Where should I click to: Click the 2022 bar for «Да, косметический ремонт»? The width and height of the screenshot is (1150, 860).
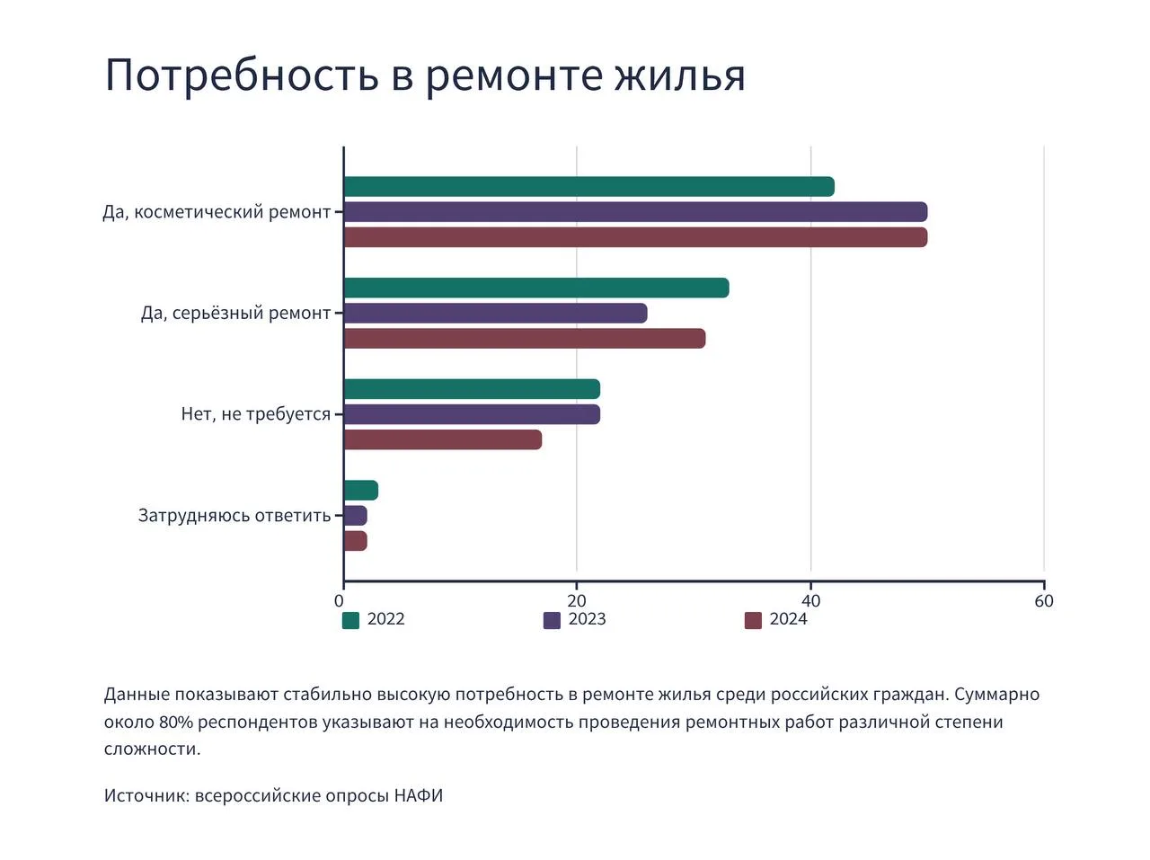pos(588,187)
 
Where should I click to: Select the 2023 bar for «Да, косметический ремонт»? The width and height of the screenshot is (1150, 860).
pos(635,212)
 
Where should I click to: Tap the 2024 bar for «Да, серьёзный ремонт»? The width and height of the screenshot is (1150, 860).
pos(525,339)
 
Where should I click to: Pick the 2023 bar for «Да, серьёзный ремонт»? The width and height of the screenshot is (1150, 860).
pos(495,314)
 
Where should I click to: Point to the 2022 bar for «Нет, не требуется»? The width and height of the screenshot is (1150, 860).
pos(472,389)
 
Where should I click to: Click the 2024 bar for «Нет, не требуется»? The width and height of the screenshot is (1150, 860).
pos(443,439)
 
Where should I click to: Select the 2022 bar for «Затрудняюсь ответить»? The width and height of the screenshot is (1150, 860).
pos(360,491)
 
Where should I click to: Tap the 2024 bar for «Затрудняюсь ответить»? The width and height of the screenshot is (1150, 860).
pos(355,541)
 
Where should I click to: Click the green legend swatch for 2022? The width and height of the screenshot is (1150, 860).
pos(351,620)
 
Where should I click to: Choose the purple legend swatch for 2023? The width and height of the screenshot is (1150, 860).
pos(552,620)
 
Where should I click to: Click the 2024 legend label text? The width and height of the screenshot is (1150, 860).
pos(788,619)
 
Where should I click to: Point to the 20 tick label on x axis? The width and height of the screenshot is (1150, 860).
pos(577,600)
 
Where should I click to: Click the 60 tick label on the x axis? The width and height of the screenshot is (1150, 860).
pos(1044,600)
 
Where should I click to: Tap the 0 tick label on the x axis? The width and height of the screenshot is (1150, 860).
pos(340,600)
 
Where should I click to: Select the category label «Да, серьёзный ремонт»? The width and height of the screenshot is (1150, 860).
pos(235,314)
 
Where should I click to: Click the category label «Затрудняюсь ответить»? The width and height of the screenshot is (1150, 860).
pos(234,516)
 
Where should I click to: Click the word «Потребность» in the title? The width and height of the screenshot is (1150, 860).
pos(242,75)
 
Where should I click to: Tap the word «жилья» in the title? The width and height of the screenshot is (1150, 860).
pos(680,75)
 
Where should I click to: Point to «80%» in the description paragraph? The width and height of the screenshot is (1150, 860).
pos(176,723)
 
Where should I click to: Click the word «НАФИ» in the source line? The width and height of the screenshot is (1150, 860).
pos(419,796)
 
